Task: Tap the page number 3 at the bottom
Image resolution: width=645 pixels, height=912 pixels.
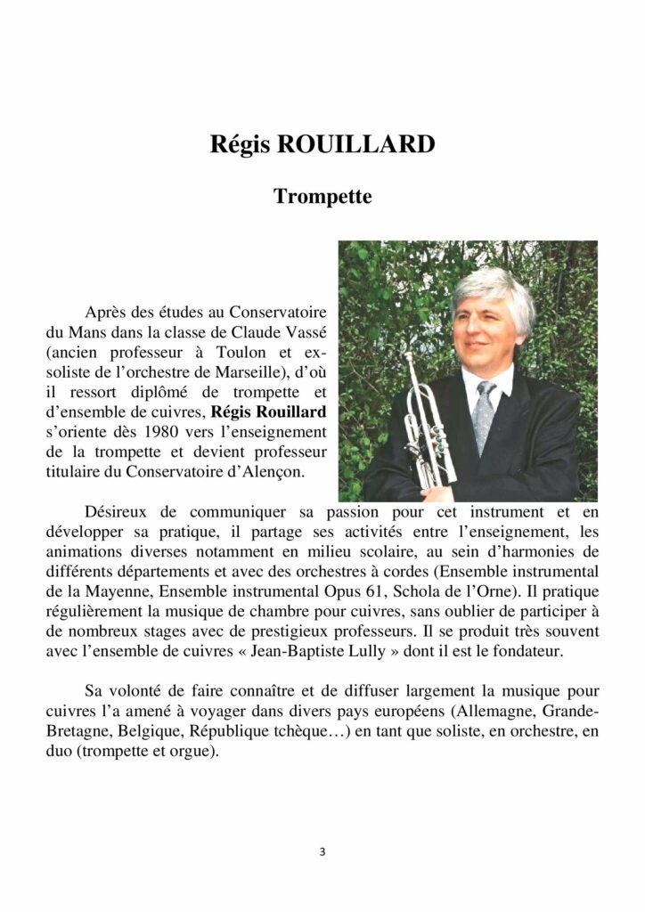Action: [x=322, y=851]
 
